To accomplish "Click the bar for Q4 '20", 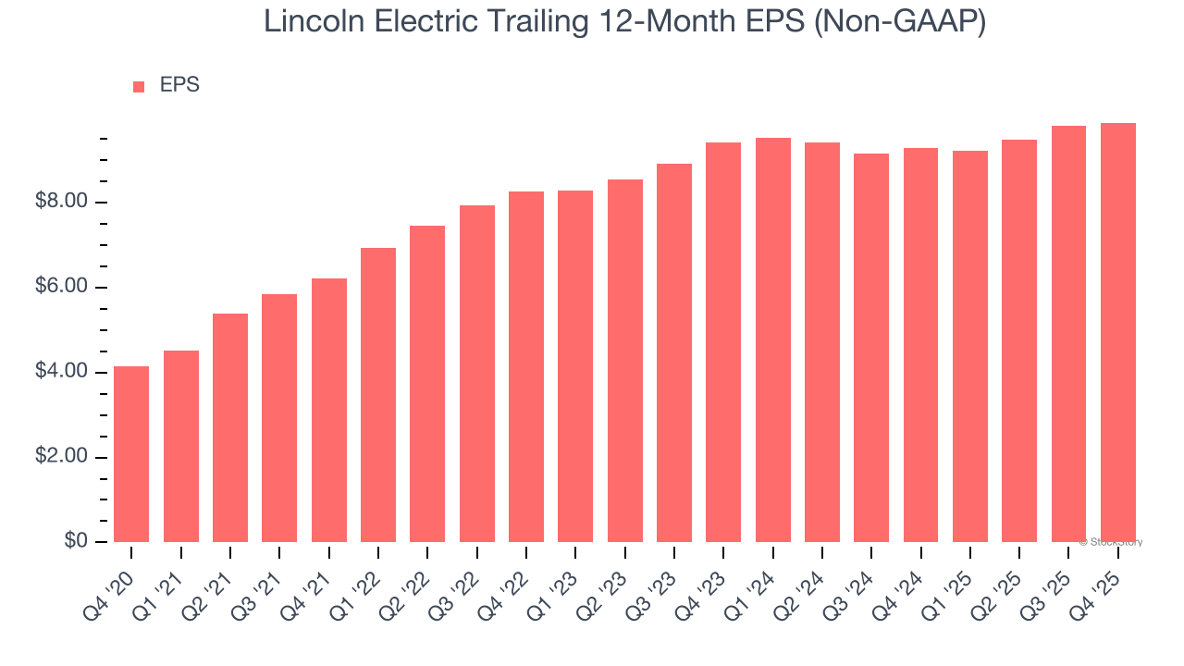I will point(131,454).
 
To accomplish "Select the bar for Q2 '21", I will point(230,427).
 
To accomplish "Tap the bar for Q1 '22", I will point(378,395).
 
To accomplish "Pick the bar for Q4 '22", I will point(526,366).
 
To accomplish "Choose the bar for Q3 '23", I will point(674,352).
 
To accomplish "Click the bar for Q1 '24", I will point(773,339).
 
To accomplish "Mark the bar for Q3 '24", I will point(871,348).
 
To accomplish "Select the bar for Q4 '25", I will point(1118,332).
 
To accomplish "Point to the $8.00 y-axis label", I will point(61,202).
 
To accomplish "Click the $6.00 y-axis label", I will point(61,287).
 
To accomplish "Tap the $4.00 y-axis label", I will point(61,372).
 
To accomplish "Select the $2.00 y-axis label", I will point(61,457).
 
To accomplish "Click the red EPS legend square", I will point(139,86).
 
